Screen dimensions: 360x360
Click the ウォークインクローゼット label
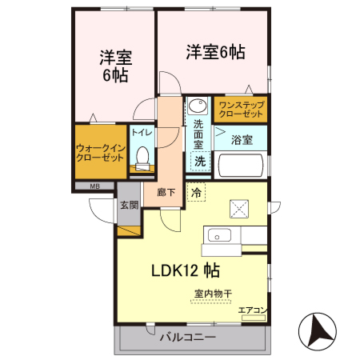pos(99,153)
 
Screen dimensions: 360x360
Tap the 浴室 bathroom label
pos(242,140)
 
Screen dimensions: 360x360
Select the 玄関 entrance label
pos(129,205)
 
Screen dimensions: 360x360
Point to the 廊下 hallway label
pos(166,192)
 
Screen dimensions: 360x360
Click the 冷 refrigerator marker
pos(197,193)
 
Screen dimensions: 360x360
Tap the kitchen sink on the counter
pos(219,236)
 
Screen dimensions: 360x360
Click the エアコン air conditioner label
pos(252,310)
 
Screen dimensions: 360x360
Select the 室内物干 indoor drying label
pos(213,294)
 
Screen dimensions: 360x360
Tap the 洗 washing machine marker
pos(199,161)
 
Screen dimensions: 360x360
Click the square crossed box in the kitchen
pos(241,210)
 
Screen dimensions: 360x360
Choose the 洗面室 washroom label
pos(198,135)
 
